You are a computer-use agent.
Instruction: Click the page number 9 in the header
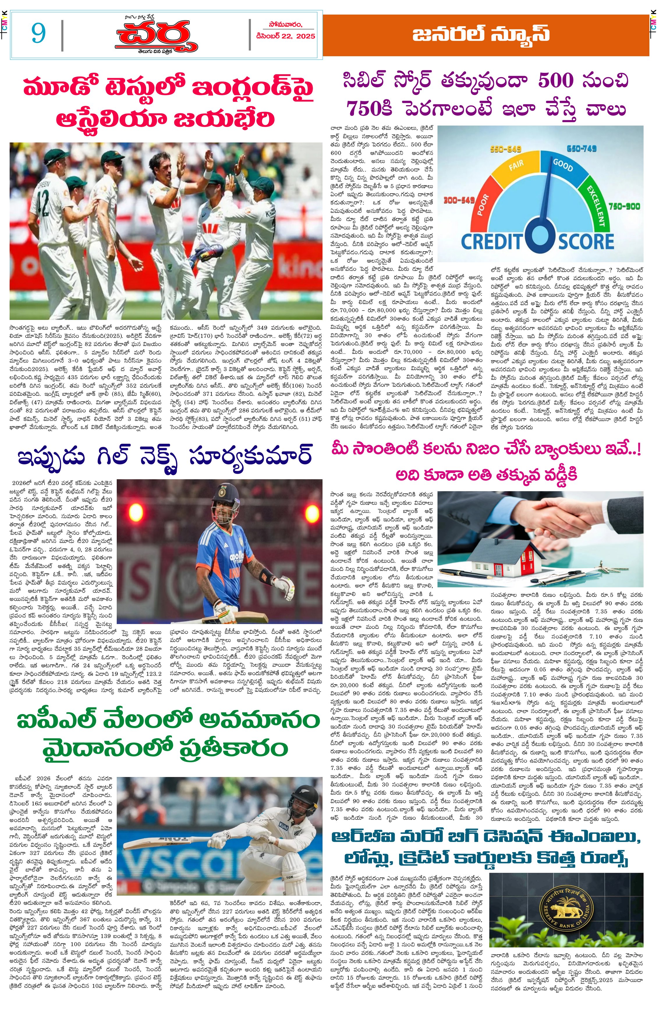38,34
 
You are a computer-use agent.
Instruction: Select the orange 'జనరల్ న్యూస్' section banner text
481,34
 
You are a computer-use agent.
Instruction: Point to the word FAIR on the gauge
516,165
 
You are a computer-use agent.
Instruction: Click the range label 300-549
459,200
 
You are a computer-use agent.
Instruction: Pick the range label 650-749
582,149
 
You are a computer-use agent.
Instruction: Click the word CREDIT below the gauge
492,241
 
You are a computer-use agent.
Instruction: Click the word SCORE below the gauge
586,241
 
